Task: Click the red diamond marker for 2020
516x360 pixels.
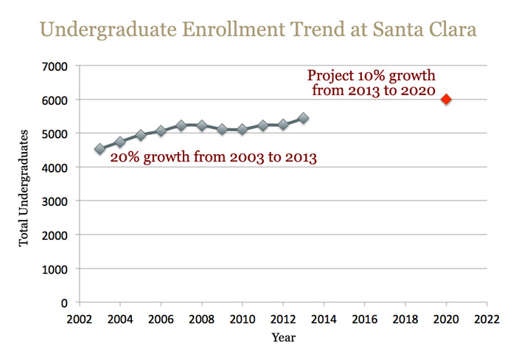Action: click(446, 100)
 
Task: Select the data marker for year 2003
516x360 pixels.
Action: click(100, 149)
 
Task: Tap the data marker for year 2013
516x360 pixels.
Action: click(304, 118)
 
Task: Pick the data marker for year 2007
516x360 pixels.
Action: click(181, 125)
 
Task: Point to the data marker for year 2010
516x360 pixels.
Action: click(243, 129)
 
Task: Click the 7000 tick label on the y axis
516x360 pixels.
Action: click(56, 66)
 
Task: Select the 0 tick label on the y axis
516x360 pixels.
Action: click(64, 302)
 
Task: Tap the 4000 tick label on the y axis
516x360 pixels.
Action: click(56, 167)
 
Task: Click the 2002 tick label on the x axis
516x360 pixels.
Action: click(80, 319)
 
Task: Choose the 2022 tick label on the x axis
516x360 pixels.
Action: click(487, 319)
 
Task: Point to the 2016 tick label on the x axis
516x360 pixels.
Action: click(364, 319)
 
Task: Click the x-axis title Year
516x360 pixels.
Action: click(283, 339)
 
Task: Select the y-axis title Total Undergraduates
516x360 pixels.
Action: click(24, 187)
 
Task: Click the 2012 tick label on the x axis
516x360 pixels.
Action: click(283, 319)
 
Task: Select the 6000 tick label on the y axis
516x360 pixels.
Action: click(56, 100)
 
